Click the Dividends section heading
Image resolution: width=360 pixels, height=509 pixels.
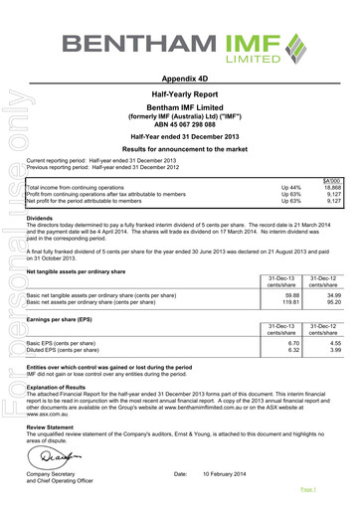coord(44,217)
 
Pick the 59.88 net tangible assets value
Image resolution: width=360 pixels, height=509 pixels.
coord(291,295)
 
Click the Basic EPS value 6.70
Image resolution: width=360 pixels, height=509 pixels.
coord(292,342)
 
